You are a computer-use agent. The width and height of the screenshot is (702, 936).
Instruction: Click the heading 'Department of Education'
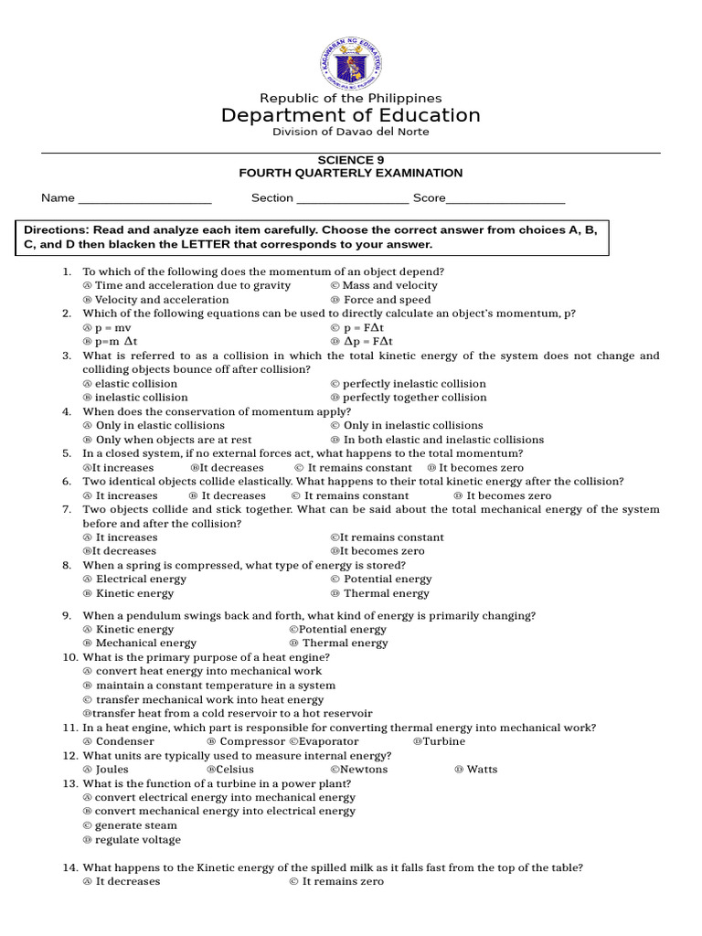coord(350,115)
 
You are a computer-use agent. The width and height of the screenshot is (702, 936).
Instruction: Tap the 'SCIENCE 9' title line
coord(350,159)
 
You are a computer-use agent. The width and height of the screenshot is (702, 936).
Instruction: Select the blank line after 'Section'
coord(352,199)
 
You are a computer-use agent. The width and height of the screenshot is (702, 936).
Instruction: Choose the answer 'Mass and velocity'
coord(389,285)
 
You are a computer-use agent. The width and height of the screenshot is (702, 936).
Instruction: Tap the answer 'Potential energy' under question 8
coord(388,579)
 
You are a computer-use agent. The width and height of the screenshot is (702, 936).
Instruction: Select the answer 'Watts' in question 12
coord(482,770)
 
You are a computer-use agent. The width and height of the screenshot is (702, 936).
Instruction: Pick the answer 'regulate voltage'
coord(138,840)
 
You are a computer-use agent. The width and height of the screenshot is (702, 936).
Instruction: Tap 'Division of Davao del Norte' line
coord(350,133)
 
